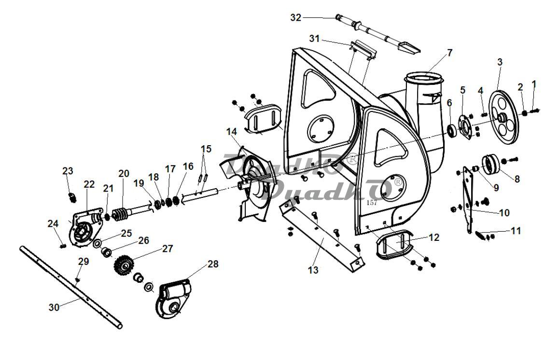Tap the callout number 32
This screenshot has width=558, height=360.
296,17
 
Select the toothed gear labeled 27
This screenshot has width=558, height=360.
123,265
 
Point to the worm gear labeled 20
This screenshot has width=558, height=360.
120,215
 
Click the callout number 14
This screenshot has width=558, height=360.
231,132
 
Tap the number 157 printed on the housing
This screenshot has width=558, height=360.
372,203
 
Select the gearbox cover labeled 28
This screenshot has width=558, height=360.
173,298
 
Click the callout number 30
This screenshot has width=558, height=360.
54,307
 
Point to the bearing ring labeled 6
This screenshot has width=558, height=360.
452,131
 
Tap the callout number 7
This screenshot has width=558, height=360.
449,53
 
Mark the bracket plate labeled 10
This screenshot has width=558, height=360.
468,199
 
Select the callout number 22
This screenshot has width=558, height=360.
89,184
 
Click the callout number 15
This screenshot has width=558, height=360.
206,149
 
